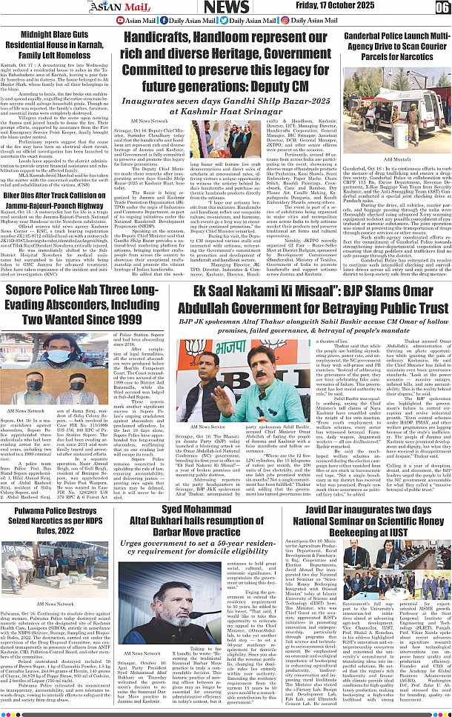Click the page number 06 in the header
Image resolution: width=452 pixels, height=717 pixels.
coord(442,7)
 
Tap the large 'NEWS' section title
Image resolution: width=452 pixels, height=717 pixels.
coord(226,7)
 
